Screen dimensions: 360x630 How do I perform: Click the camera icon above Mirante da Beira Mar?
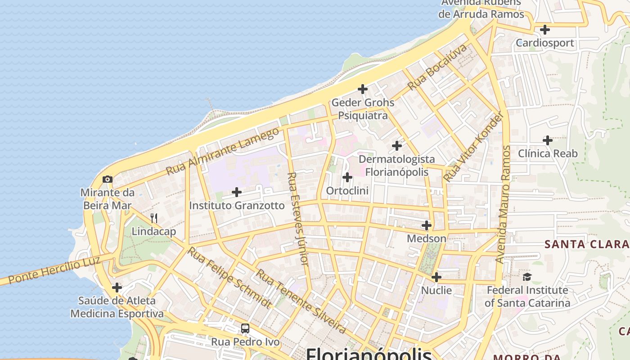[107, 180]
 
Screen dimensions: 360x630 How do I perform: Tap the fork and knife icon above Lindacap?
[154, 218]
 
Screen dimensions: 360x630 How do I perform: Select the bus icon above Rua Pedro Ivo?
[245, 328]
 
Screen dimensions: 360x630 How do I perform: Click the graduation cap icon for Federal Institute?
[527, 276]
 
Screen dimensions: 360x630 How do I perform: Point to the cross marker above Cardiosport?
[544, 30]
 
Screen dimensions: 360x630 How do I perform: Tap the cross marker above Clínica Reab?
[547, 140]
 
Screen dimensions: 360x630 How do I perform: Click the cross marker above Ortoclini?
[347, 177]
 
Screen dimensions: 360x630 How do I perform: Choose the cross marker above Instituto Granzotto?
[236, 193]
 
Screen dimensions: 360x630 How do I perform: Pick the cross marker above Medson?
[427, 225]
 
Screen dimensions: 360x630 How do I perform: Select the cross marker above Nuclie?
[436, 277]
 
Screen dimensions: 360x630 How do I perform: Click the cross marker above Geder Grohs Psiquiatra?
[362, 89]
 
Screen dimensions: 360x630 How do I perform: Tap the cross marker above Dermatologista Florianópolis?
[396, 146]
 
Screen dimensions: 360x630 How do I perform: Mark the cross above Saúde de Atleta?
[117, 287]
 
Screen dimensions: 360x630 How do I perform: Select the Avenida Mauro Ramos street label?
[504, 204]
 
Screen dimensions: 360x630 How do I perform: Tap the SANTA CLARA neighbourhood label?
[586, 244]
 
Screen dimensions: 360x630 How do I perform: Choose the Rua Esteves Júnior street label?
[298, 219]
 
